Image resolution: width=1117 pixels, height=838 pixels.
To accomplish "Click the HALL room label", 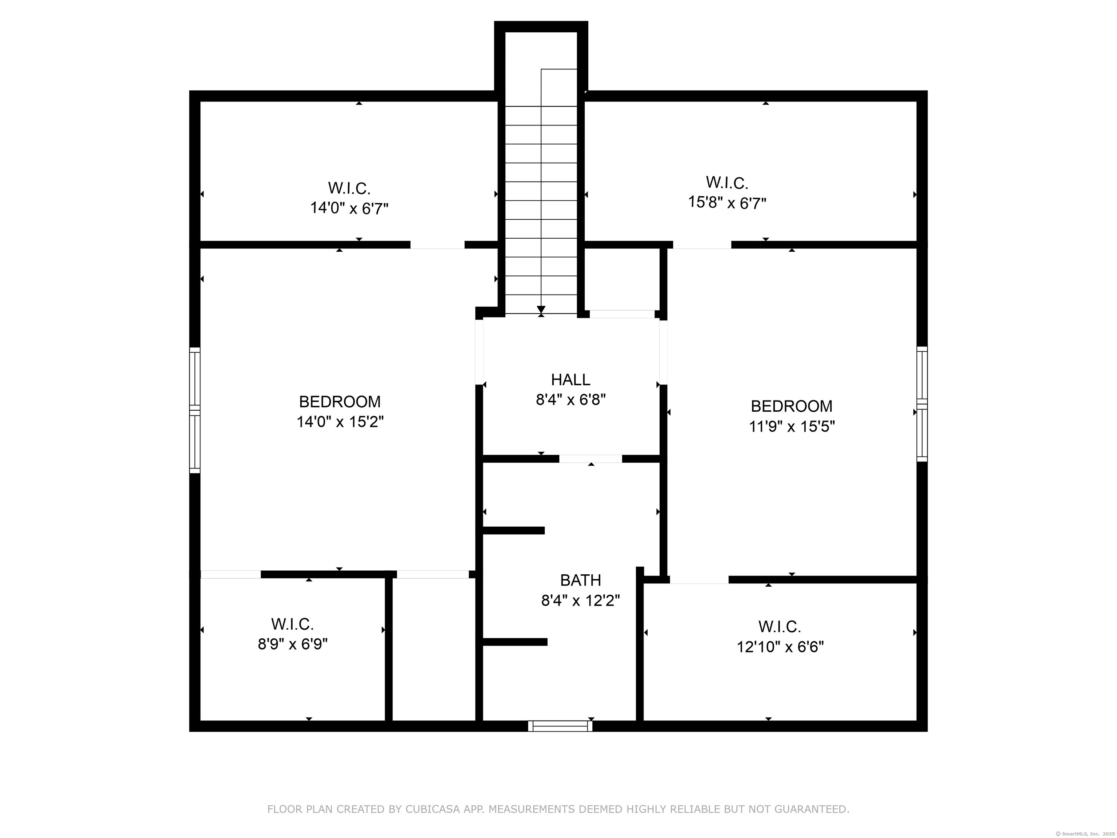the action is click(570, 379).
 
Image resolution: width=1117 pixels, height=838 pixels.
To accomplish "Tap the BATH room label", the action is click(581, 580).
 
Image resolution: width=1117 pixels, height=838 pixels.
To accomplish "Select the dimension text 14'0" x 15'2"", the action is click(340, 422).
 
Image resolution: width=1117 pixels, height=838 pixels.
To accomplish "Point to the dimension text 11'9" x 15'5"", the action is click(792, 426).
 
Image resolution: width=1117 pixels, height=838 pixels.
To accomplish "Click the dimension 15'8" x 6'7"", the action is click(728, 203).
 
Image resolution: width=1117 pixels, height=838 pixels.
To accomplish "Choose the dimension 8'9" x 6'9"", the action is click(293, 644).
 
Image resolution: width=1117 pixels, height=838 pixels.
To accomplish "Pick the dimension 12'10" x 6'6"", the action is click(780, 647).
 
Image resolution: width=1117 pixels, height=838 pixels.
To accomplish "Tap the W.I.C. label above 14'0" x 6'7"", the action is click(349, 188).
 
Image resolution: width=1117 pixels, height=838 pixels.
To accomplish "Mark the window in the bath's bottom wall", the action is click(561, 726).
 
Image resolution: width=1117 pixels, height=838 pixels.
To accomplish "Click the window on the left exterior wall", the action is click(195, 410).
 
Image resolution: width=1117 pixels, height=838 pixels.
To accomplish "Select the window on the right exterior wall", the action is click(922, 404).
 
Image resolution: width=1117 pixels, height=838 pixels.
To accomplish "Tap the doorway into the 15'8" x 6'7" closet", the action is click(702, 245).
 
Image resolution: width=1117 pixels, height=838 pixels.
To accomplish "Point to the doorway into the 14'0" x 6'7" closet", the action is click(437, 245).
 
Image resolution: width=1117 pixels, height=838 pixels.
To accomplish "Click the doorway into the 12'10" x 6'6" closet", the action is click(699, 580).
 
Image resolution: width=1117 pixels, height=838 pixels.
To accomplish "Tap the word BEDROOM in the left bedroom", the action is click(340, 402).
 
